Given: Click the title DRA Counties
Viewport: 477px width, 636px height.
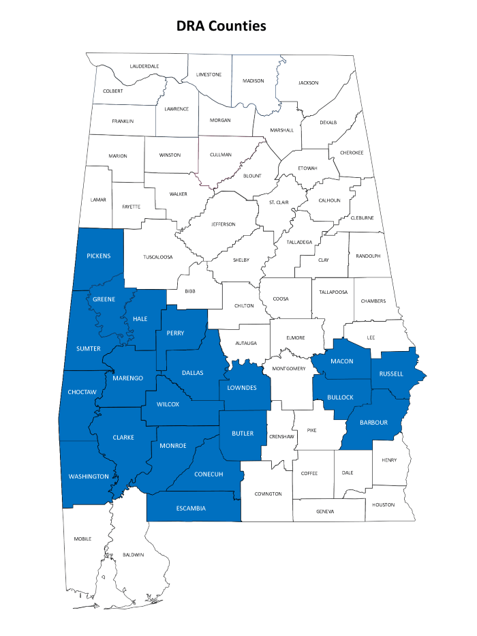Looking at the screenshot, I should pos(221,26).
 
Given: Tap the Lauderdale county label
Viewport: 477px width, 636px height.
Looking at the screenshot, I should pos(144,66).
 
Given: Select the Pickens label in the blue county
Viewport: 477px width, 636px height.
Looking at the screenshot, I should pos(99,256).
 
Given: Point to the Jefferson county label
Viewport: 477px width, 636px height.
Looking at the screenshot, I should pos(224,224).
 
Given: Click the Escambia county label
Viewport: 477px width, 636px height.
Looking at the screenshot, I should pos(191,508).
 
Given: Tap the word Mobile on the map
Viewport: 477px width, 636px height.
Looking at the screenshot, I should pos(82,539).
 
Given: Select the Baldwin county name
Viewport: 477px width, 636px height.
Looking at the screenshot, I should pos(134,555).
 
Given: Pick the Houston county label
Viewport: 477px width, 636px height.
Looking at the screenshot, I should pos(383,504).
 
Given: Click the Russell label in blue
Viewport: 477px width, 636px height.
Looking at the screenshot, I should pos(392,374).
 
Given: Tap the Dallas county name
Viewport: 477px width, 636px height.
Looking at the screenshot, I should pos(193,373).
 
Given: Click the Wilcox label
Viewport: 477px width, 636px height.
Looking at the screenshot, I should pos(168,404).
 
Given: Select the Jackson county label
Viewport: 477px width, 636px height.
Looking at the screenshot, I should pos(308,82).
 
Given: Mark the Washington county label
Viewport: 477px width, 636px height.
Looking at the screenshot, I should pos(89,476).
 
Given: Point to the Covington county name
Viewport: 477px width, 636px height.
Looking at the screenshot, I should pos(268,494).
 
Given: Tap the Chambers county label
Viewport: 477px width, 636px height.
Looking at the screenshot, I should pos(373,301).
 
